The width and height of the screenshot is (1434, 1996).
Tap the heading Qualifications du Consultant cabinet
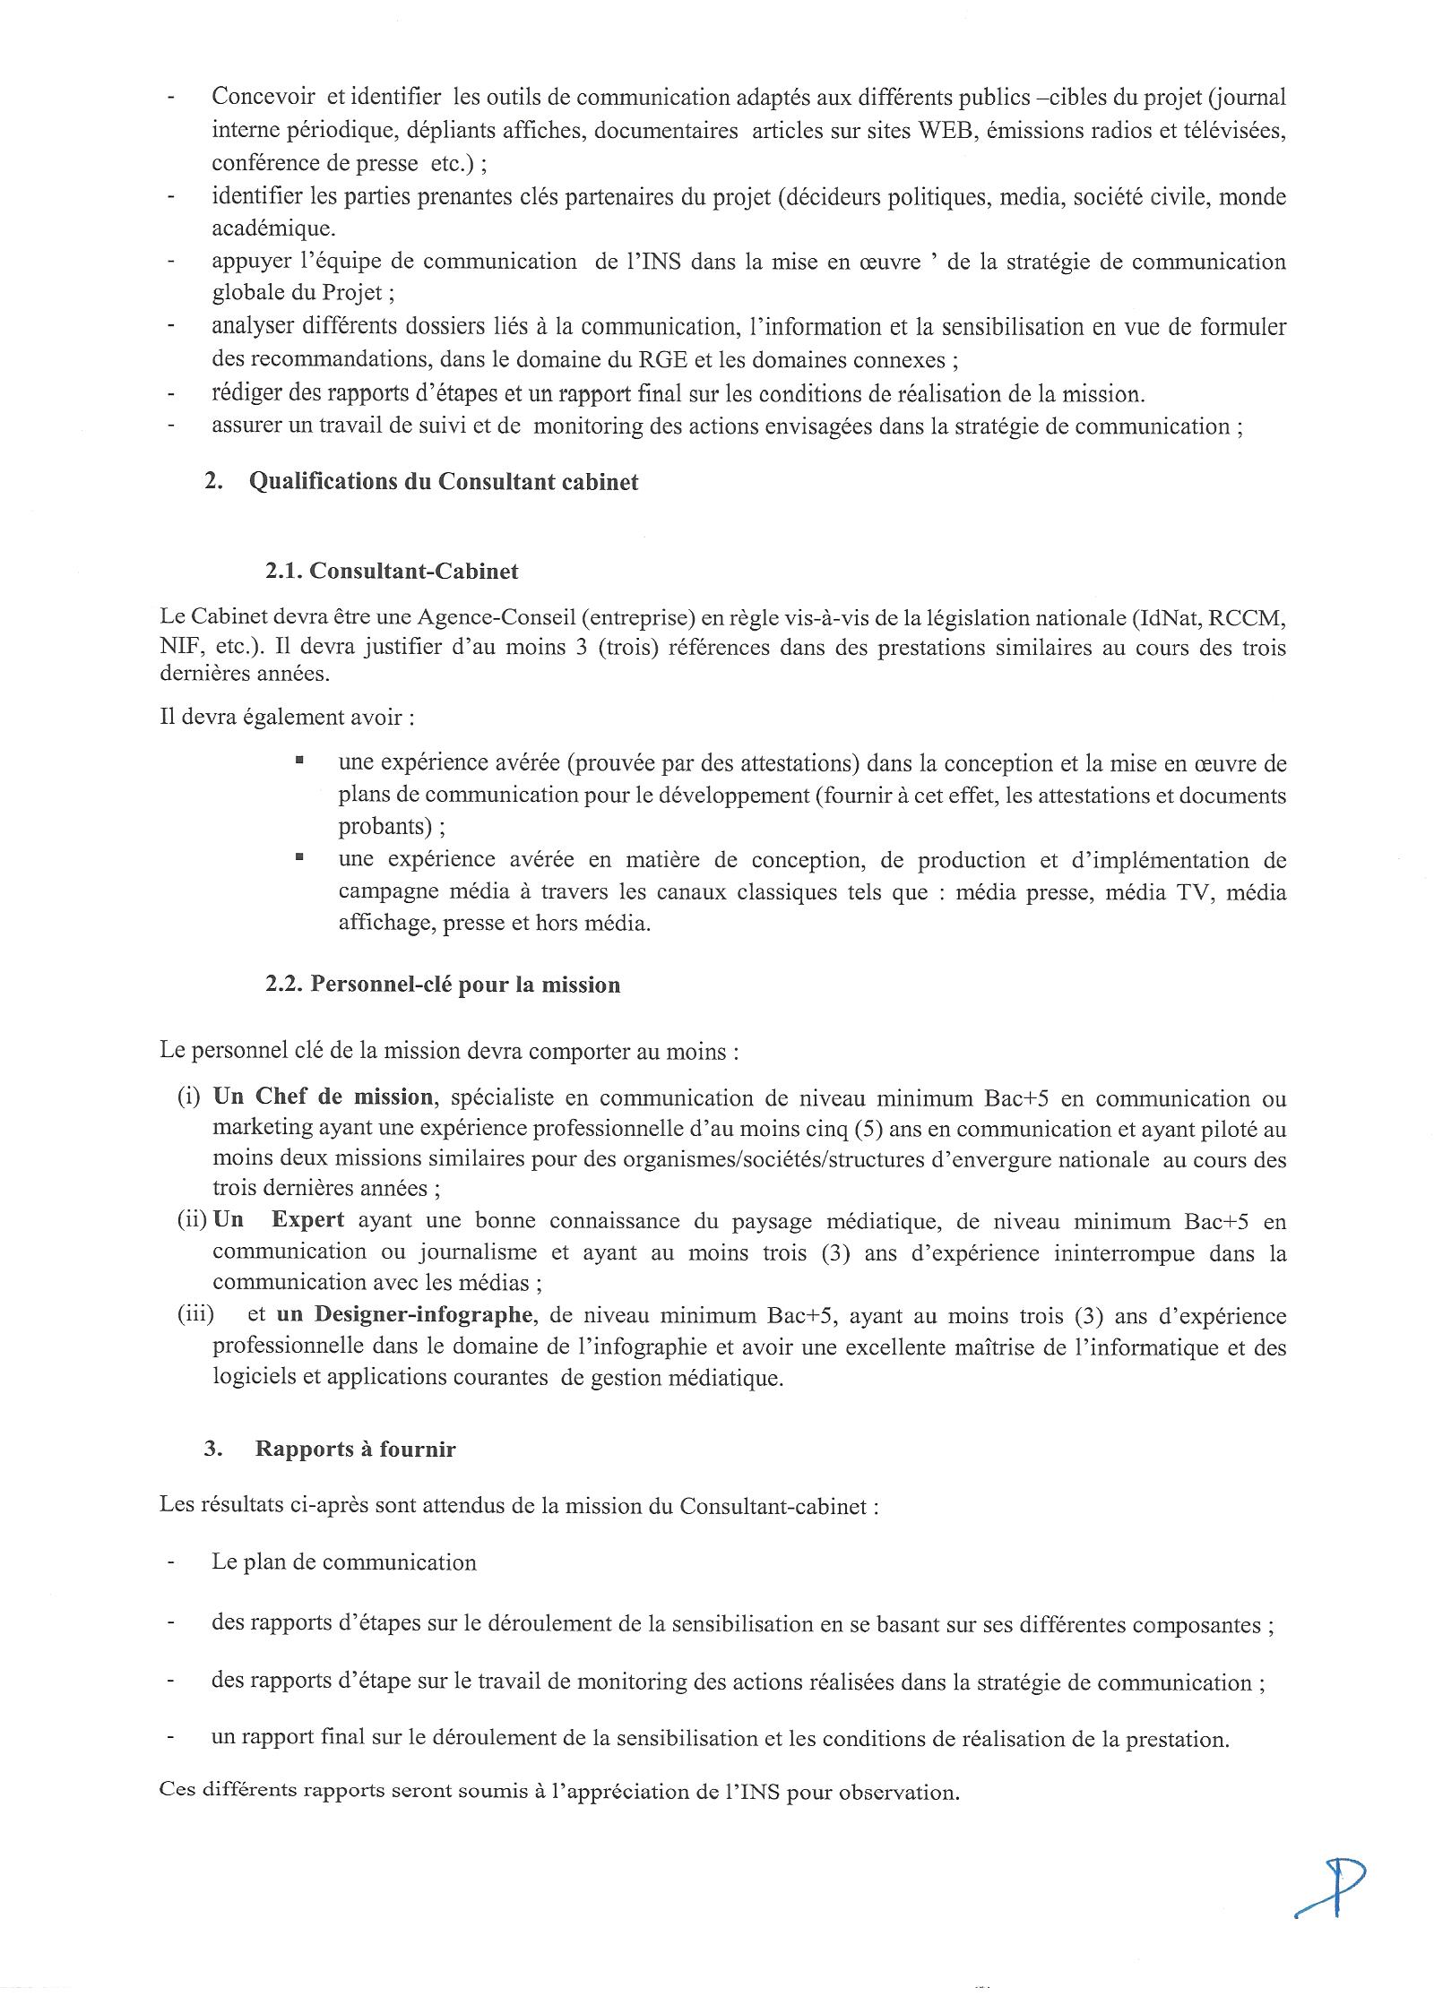point(444,482)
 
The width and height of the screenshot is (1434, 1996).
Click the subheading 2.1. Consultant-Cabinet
point(392,571)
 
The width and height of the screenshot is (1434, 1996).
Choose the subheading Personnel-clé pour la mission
point(442,985)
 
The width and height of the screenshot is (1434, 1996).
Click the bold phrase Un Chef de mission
point(323,1097)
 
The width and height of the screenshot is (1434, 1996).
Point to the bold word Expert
point(308,1220)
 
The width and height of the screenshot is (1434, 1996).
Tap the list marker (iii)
point(196,1315)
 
